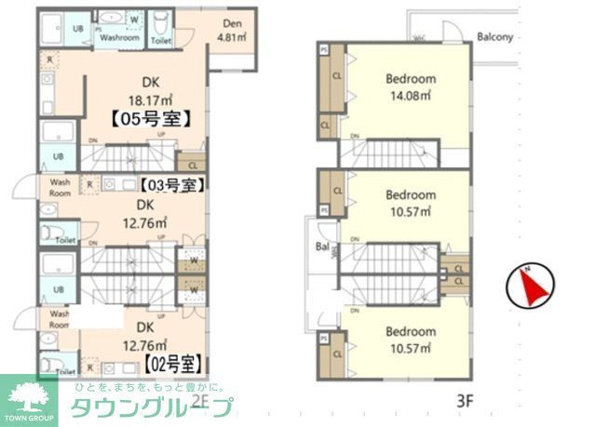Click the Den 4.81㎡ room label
click(231, 31)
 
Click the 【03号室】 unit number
click(170, 185)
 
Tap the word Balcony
click(495, 38)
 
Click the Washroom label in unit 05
click(120, 38)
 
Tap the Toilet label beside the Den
click(161, 41)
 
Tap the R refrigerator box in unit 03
click(89, 184)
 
